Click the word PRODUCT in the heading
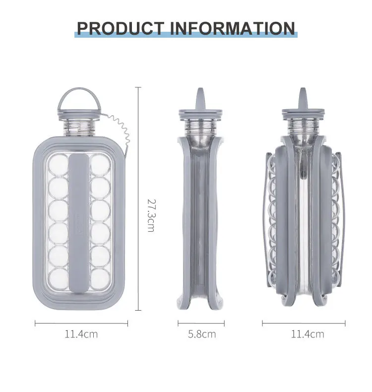point(120,28)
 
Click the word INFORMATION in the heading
point(233,28)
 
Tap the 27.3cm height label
point(151,215)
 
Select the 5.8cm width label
point(202,334)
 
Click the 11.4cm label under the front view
point(81,334)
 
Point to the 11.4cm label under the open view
point(308,334)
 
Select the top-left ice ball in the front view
point(59,165)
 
